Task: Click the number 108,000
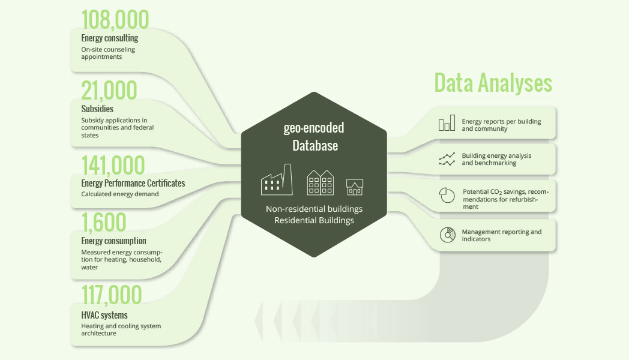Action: tap(115, 19)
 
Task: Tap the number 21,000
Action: tap(109, 90)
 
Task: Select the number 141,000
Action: tap(113, 165)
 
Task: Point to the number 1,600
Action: tap(104, 223)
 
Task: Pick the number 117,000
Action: tap(112, 295)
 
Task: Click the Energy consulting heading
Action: tap(109, 38)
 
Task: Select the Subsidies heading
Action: tap(97, 109)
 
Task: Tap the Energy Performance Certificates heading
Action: tap(133, 183)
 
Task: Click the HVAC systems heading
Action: tap(104, 315)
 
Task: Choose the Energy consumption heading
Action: tap(113, 241)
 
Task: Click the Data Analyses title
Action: tap(493, 83)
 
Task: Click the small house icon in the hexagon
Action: tap(355, 187)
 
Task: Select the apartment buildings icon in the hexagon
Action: tap(320, 182)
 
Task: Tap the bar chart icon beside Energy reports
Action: tap(447, 123)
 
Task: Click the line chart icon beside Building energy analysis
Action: tap(447, 159)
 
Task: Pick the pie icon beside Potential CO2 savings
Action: tap(447, 195)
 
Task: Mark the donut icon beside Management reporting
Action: tap(447, 235)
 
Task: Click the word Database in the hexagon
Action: tap(315, 146)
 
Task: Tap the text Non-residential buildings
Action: tap(314, 209)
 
